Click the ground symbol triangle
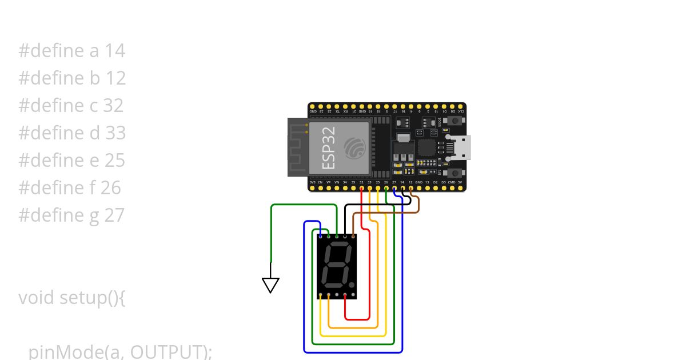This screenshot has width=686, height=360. pyautogui.click(x=270, y=284)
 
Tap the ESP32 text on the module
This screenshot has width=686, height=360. pyautogui.click(x=329, y=147)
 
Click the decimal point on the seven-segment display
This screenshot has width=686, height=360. pyautogui.click(x=352, y=284)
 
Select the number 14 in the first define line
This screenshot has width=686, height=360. pyautogui.click(x=115, y=51)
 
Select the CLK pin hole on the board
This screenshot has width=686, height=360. pyautogui.click(x=460, y=107)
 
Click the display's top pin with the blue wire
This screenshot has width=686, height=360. pyautogui.click(x=320, y=235)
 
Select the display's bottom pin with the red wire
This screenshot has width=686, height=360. pyautogui.click(x=345, y=295)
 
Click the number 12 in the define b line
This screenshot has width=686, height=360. pyautogui.click(x=115, y=78)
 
